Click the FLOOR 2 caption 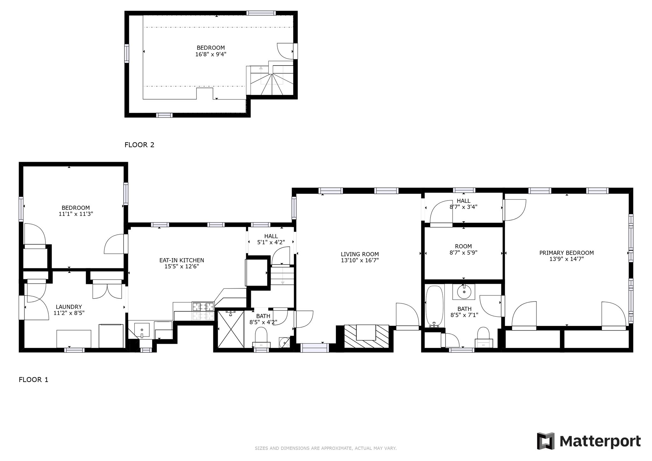click(139, 145)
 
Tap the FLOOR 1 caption click(33, 379)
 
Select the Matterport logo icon click(546, 441)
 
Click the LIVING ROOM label click(360, 254)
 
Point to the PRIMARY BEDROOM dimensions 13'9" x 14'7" click(566, 259)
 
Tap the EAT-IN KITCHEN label click(182, 260)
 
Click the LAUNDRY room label click(69, 307)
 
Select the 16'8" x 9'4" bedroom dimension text click(211, 54)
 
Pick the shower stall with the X click(230, 330)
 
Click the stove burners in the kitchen click(203, 307)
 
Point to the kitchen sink click(142, 330)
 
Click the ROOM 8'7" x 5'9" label click(463, 249)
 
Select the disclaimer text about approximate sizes click(326, 448)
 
